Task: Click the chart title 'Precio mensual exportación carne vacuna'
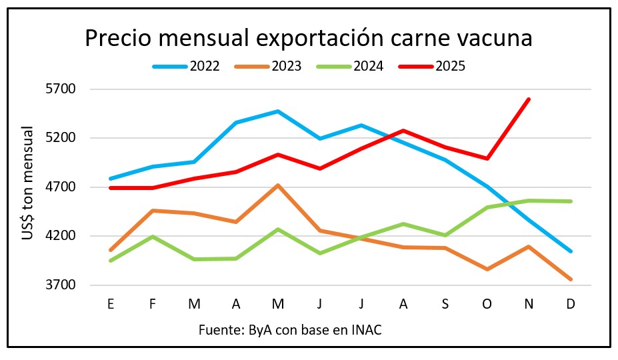(x=308, y=39)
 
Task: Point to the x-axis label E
(x=110, y=303)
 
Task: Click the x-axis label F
(x=153, y=303)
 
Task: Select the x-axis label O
(x=487, y=303)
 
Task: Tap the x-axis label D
(x=571, y=303)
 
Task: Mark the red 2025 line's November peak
(x=529, y=99)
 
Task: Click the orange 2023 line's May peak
(x=278, y=185)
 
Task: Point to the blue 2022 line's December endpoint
(x=571, y=251)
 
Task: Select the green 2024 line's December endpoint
(x=571, y=201)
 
